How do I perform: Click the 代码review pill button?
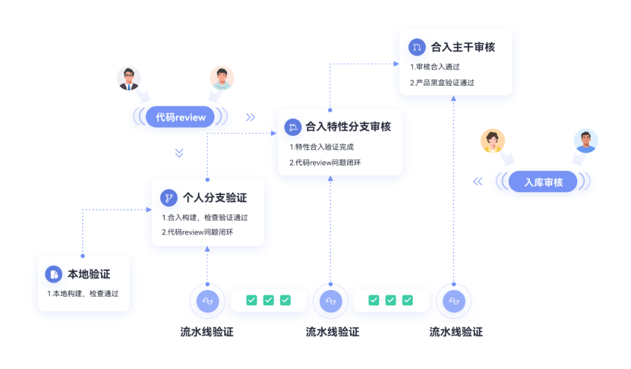pos(181,117)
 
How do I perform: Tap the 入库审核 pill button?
pos(543,182)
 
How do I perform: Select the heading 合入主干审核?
pos(463,47)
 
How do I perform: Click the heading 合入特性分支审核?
pos(348,127)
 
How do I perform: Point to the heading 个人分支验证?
pos(214,198)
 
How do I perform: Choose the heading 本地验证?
pos(89,274)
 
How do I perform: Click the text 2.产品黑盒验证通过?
pos(442,83)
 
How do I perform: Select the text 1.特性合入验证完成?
pos(321,147)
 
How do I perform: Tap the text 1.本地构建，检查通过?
pos(83,294)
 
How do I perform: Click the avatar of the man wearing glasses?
pos(129,78)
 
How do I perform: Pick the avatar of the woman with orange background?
pos(493,141)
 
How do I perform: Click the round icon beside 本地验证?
pos(54,274)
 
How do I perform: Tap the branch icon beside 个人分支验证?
pos(169,198)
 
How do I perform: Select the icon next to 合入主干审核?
pos(417,47)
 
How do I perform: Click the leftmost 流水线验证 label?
pos(207,332)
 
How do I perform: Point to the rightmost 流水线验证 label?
pos(456,332)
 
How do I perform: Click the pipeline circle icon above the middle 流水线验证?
pos(331,301)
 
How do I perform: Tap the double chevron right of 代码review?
pos(251,117)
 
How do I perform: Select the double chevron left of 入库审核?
pos(478,182)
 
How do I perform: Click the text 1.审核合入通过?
pos(435,67)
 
